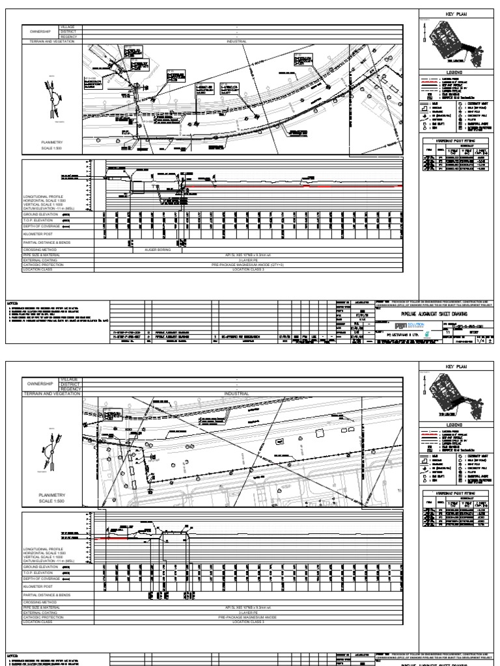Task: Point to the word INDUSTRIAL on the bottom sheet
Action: [x=236, y=393]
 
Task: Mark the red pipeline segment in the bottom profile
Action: [x=111, y=539]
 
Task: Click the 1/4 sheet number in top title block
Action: [x=481, y=340]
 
